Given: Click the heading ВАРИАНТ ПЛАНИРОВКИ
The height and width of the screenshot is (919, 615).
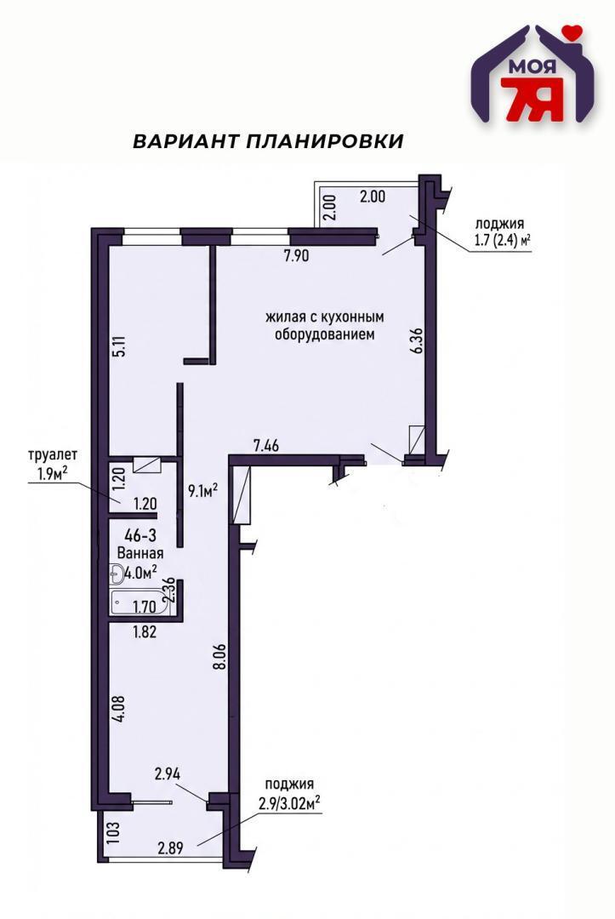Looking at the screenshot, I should point(267,141).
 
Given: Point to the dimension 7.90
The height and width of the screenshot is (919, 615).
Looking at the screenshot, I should point(296,256).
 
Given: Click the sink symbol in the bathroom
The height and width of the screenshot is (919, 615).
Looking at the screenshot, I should point(117,576).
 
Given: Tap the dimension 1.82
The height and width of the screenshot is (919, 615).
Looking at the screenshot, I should point(144,631).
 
